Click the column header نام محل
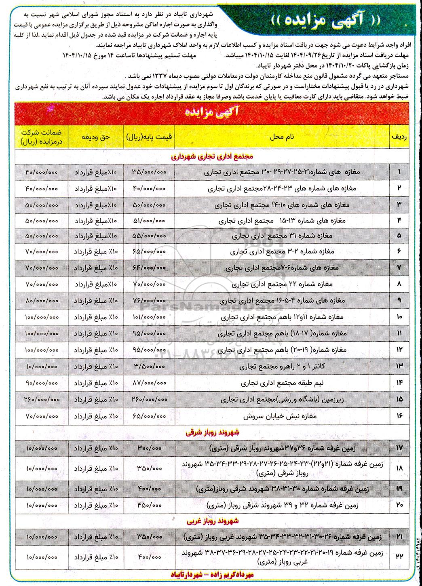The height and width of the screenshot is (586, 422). coord(281,137)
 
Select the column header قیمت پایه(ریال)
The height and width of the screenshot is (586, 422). coord(149,137)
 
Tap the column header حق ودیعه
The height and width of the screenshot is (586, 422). coord(96,137)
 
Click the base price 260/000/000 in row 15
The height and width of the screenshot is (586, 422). coord(149,399)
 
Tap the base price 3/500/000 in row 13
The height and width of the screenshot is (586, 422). coord(149,367)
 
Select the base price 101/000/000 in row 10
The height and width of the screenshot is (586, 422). coord(149,317)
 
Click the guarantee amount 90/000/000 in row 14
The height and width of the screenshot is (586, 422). coord(42,383)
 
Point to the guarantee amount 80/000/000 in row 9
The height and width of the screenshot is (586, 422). coord(42,301)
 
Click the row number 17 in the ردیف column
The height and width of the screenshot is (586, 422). coord(399,448)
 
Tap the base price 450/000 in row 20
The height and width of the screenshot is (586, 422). coord(149,505)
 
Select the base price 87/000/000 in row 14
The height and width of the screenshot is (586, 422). coord(149,383)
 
